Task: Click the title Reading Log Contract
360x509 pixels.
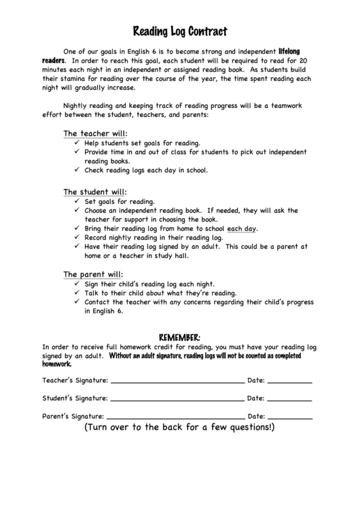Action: pos(179,31)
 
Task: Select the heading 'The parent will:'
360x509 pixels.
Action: pos(93,274)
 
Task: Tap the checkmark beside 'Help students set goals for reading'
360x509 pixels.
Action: pos(77,143)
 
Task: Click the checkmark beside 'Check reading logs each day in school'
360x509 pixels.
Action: pos(77,171)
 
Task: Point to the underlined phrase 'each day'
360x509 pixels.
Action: pos(241,229)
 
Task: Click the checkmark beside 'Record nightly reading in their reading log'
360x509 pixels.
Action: pos(77,239)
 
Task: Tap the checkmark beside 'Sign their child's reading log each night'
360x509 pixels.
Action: pos(77,284)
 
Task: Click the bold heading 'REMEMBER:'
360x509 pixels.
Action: pos(179,337)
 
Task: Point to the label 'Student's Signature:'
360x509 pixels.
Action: pos(75,398)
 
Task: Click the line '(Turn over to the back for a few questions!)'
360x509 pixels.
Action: pos(179,428)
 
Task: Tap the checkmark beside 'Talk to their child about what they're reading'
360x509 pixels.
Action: pos(77,293)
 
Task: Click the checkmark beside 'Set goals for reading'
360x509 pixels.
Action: pos(77,202)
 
